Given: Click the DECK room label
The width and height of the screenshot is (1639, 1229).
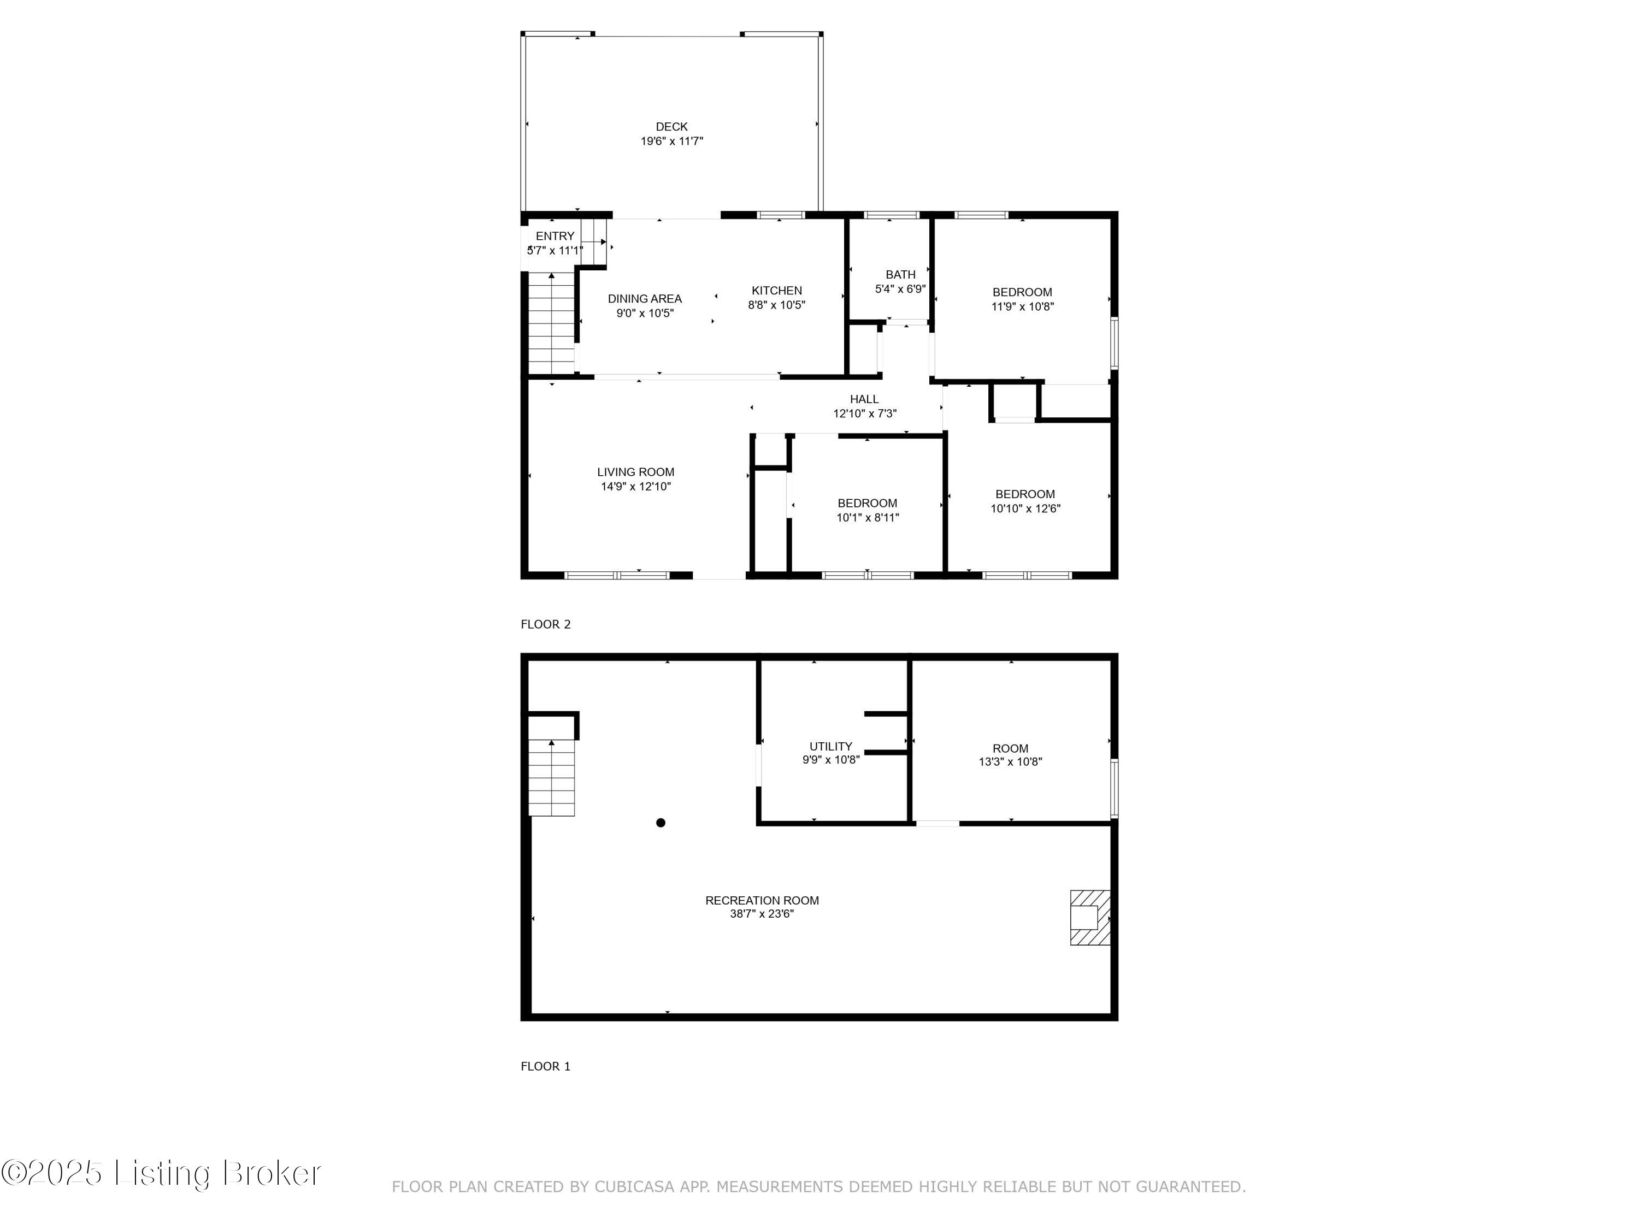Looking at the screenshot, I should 671,127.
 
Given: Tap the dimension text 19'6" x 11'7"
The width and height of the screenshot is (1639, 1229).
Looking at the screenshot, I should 671,141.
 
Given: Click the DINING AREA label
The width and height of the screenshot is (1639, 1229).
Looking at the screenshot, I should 645,299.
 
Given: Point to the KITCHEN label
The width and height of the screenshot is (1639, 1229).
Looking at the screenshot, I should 776,291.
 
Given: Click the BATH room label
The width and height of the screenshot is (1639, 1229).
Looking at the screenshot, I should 900,274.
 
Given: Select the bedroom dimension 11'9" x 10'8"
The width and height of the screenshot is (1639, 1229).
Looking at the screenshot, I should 1023,306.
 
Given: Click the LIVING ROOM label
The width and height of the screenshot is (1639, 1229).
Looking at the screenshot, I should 636,472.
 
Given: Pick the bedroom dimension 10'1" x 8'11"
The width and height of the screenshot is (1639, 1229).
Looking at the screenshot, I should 868,518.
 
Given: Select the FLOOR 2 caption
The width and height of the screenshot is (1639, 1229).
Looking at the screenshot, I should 545,624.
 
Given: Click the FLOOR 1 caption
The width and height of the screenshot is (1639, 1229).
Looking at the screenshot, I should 545,1066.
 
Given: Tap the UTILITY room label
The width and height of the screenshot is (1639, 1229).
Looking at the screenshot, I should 830,746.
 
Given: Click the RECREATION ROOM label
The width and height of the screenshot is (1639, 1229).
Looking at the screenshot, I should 762,900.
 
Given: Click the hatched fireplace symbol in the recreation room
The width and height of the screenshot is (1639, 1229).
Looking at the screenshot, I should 1090,917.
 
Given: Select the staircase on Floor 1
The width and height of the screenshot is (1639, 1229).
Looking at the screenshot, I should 551,778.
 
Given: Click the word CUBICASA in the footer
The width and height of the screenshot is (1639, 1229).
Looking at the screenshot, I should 634,1187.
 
